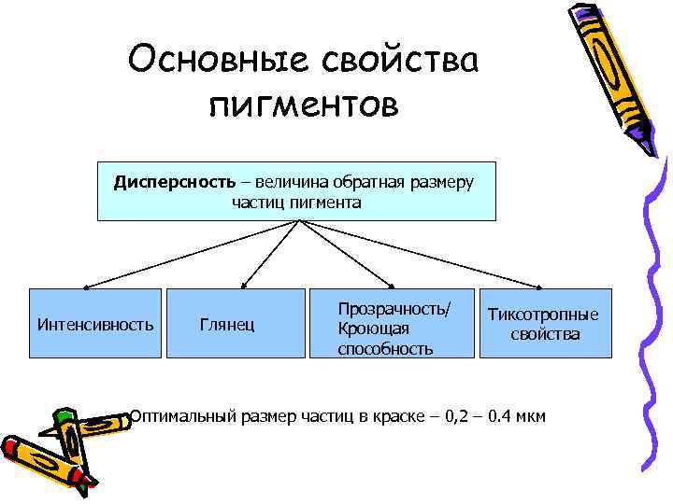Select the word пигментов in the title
click(x=304, y=105)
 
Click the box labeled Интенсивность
click(x=95, y=324)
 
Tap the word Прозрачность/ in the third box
click(x=394, y=308)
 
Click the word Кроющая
click(x=373, y=329)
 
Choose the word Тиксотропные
click(x=545, y=315)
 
